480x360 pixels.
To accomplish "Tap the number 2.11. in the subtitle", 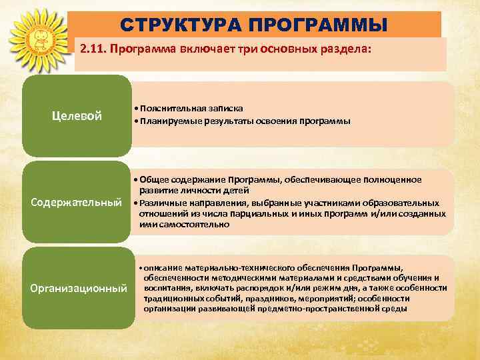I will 94,49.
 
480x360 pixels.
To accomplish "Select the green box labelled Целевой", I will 77,116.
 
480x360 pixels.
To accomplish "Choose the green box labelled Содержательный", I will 77,201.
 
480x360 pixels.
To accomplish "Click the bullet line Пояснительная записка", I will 188,108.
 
